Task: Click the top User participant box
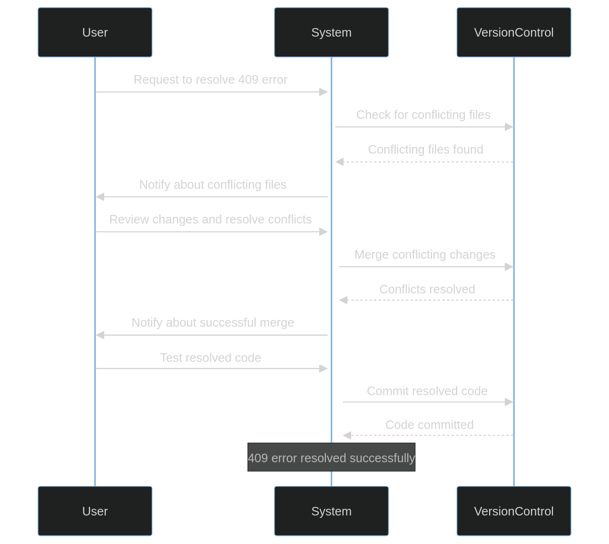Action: coord(95,32)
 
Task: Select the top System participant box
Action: coord(331,32)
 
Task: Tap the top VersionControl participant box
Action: coord(513,32)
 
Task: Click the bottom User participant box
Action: coord(95,511)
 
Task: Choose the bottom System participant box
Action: coord(331,511)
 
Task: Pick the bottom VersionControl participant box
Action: coord(513,511)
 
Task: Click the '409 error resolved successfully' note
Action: coord(331,457)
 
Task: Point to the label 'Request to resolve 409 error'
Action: coord(210,79)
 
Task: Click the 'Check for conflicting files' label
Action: coord(423,115)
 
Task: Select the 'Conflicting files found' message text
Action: coord(425,149)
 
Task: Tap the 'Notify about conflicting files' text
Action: coord(213,185)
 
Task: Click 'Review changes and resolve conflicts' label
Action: coord(210,219)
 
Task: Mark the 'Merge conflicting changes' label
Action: coord(425,254)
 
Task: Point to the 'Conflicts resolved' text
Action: coord(427,289)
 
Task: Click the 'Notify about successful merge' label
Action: coord(213,322)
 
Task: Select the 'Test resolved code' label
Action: coord(210,358)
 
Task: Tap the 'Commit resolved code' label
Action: coord(427,391)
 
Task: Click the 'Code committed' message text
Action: coord(429,425)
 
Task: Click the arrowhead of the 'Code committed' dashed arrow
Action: coord(347,436)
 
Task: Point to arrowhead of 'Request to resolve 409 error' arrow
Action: coord(324,92)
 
